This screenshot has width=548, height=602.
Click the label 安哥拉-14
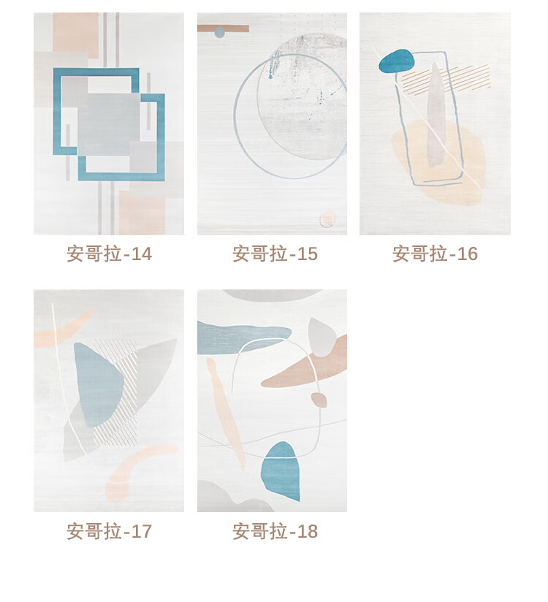coord(110,254)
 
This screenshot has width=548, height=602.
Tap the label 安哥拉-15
coord(275,254)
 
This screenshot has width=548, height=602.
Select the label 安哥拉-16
coord(435,254)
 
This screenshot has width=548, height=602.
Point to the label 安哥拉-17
coord(110,531)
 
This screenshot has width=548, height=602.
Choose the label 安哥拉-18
coord(275,531)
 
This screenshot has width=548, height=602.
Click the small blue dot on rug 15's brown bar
coord(219,32)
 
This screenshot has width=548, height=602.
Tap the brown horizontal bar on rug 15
coord(223,28)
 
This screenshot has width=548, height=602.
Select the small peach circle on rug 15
coord(327,218)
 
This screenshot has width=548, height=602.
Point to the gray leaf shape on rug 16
coord(436,115)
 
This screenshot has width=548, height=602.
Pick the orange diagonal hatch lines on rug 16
coord(446,79)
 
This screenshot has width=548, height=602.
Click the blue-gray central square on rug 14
coord(109,124)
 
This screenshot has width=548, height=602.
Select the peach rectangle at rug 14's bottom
coord(142,213)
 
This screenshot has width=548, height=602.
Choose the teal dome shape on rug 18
coord(281,471)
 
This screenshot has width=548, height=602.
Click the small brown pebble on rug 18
coord(319,400)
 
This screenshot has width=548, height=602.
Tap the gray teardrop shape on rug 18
coord(321,337)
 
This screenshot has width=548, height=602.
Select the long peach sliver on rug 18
coord(226,414)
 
